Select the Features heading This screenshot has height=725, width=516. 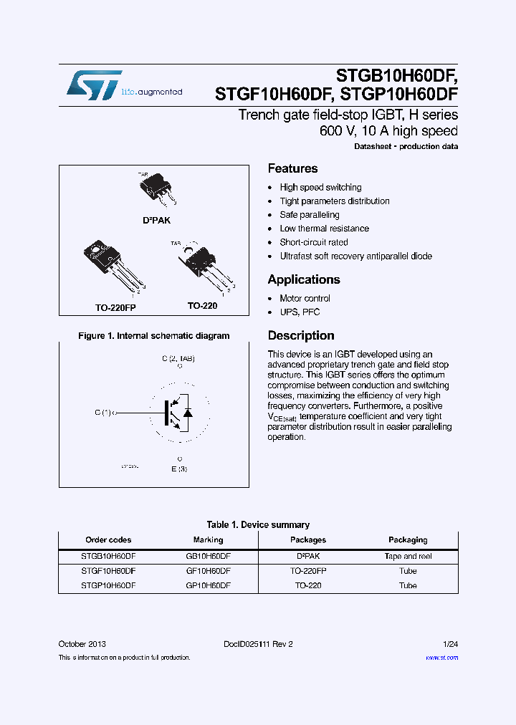tap(292, 168)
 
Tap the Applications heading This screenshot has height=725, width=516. tap(304, 279)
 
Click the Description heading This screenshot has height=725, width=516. tap(301, 335)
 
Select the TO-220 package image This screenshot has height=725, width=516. tap(201, 266)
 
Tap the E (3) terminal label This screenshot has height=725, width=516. tap(178, 469)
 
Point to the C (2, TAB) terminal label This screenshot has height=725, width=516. tap(178, 357)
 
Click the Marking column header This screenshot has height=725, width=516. tap(208, 540)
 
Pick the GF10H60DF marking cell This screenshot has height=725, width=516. tap(208, 571)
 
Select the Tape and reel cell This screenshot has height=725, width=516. tap(408, 556)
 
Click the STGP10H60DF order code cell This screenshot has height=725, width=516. tap(108, 585)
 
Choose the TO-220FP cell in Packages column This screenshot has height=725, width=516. tap(308, 571)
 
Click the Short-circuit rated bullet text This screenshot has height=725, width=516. tap(314, 242)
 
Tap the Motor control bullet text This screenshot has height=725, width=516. tap(305, 298)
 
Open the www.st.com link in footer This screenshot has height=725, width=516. tap(441, 658)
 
